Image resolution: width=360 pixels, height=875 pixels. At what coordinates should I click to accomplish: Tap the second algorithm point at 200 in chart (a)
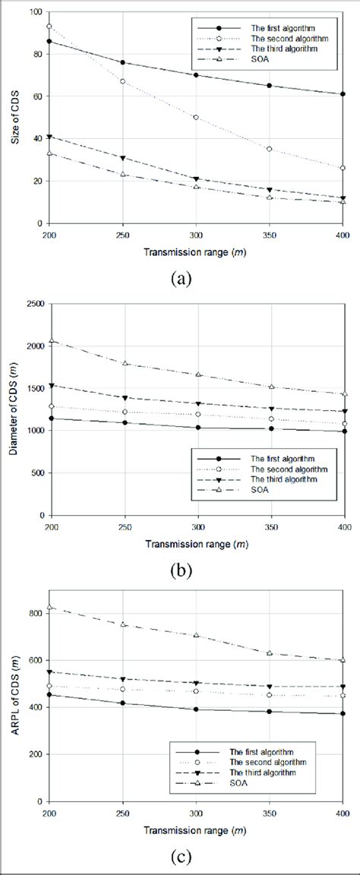49,27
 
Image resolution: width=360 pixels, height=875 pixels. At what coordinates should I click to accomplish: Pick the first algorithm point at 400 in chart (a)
343,94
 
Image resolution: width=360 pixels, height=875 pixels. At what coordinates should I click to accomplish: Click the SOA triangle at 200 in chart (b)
49,341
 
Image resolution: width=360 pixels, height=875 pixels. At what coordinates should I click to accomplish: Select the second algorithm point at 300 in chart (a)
196,118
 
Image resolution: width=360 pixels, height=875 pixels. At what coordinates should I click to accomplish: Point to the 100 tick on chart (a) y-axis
34,11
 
